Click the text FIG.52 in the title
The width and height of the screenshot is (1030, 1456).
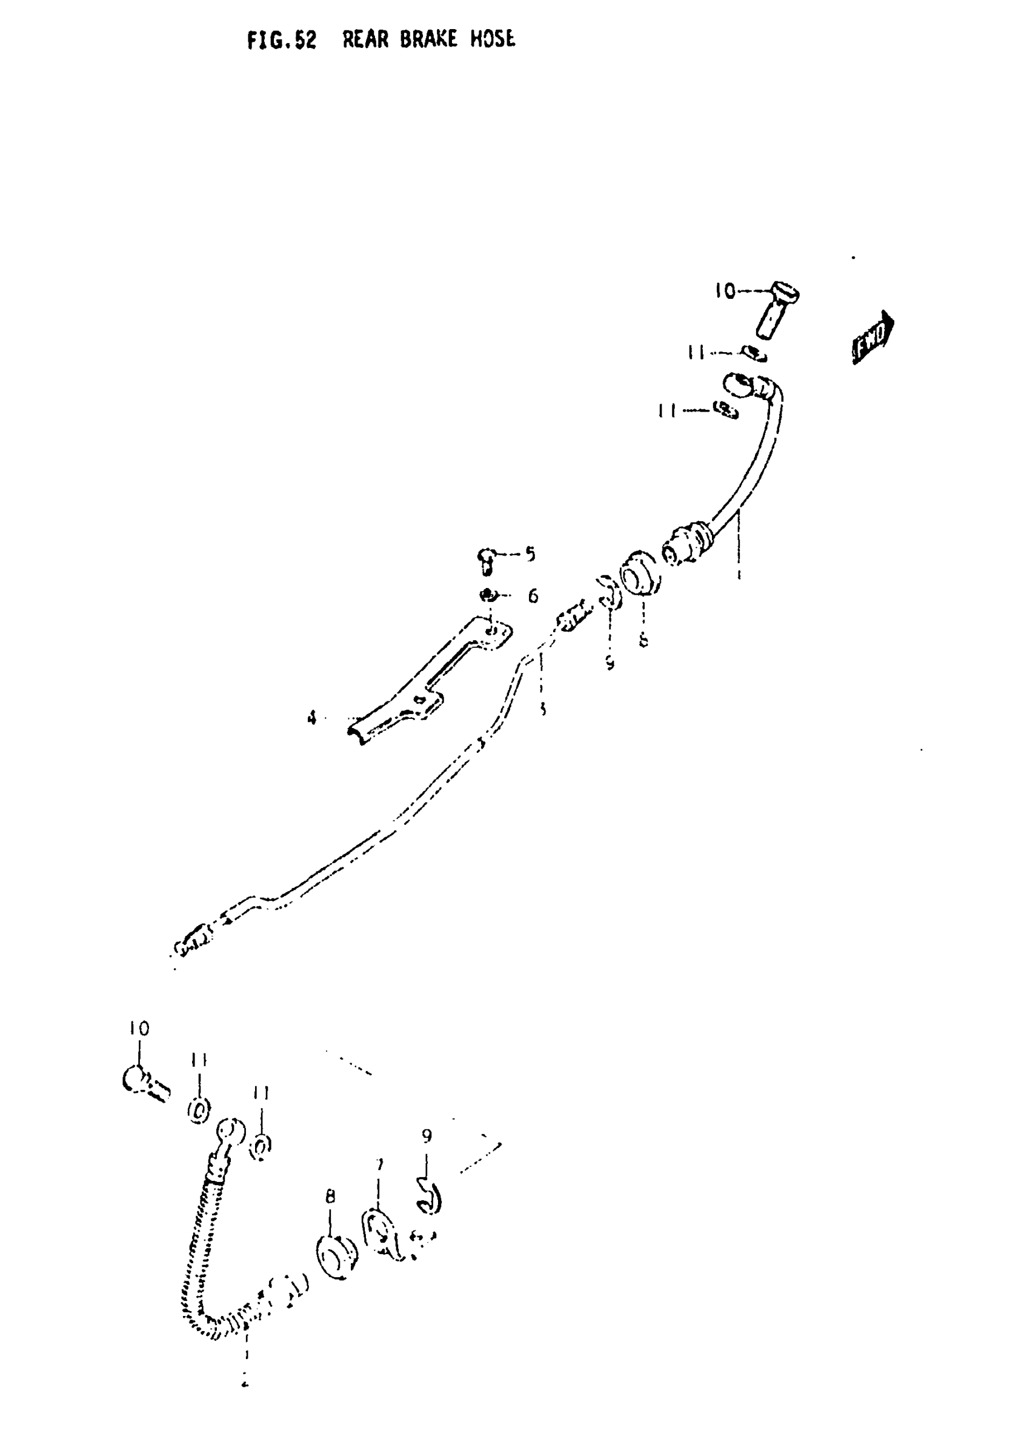coord(282,41)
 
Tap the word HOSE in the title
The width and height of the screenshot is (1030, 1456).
coord(492,39)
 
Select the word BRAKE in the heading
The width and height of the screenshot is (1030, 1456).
coord(428,39)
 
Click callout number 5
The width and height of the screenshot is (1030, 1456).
coord(530,554)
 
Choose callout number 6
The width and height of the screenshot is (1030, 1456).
coord(533,596)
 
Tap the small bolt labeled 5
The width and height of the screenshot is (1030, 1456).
coord(485,561)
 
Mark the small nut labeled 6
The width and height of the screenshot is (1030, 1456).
coord(488,595)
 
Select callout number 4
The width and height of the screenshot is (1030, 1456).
coord(311,718)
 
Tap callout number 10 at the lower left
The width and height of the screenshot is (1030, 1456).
coord(139,1029)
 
